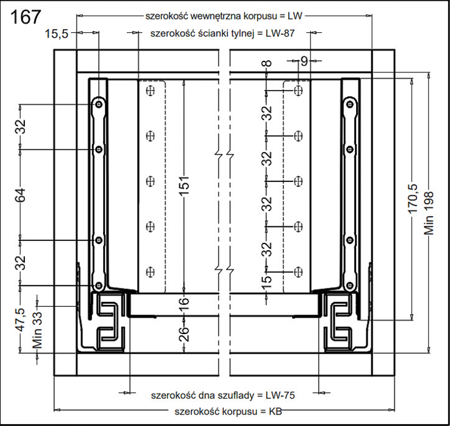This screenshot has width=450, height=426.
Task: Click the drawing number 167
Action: [26, 16]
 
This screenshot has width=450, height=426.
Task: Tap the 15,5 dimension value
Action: [57, 34]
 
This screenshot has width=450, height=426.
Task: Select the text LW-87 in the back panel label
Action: [280, 33]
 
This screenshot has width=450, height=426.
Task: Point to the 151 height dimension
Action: [184, 186]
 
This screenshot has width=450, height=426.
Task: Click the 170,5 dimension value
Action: [412, 199]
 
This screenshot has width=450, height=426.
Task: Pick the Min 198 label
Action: [429, 213]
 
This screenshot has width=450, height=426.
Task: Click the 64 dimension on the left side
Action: [21, 195]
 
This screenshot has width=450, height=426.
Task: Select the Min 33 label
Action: [38, 330]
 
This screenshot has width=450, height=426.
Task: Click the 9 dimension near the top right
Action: [304, 61]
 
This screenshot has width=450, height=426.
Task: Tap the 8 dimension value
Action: [267, 63]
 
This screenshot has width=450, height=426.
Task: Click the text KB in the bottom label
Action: [275, 411]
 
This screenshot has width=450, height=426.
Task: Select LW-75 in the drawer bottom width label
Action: [280, 396]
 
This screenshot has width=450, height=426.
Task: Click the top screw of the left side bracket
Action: [99, 104]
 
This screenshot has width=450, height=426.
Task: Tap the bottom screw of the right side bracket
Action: [349, 285]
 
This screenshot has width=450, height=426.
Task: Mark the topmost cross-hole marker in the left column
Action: [150, 91]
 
